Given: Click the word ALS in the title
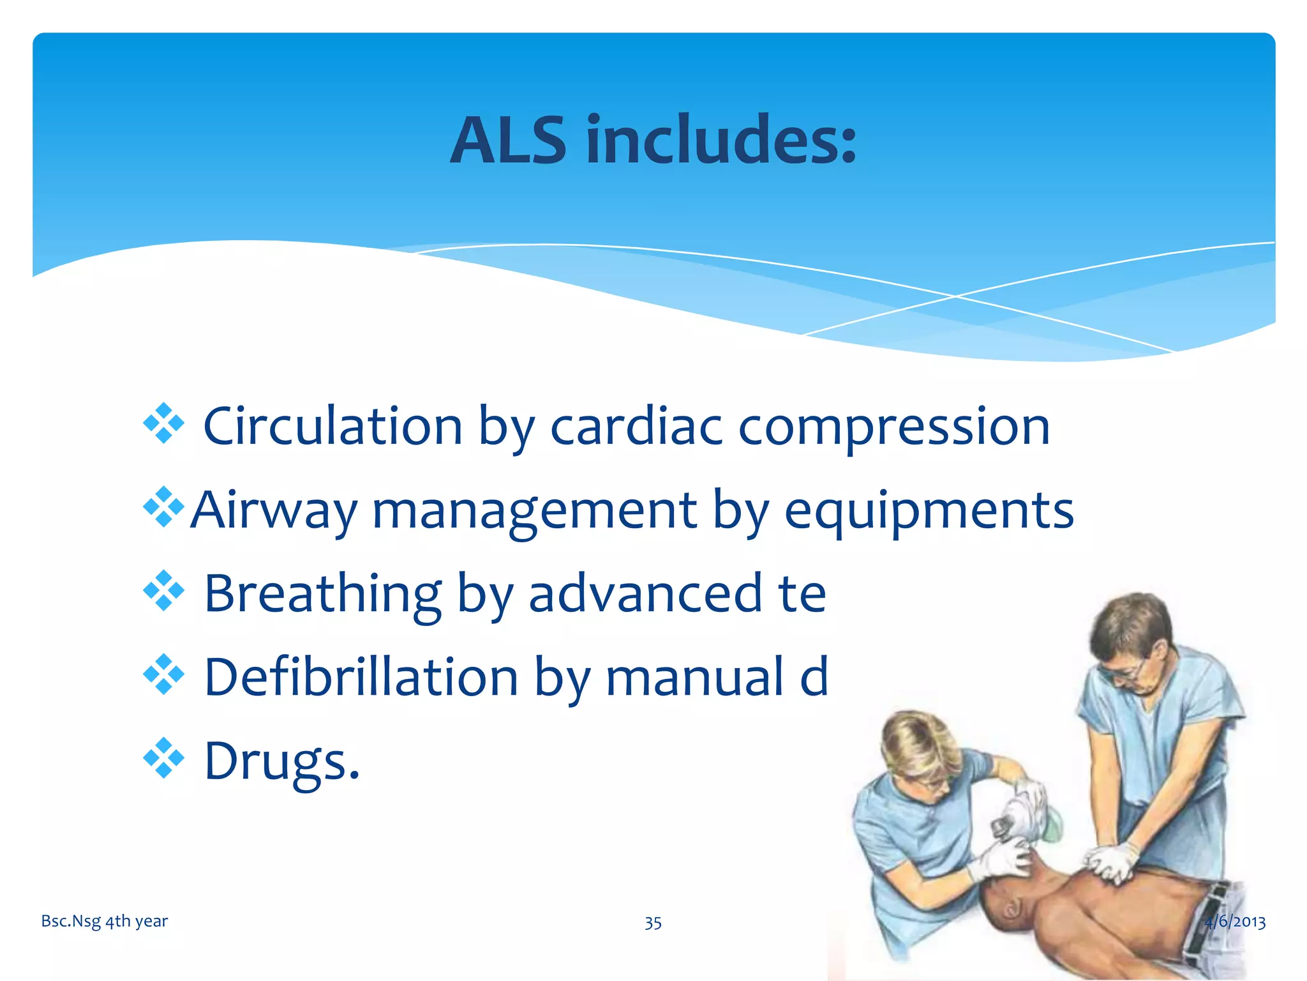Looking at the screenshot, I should click(x=507, y=141).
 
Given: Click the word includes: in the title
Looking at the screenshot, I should click(x=721, y=141).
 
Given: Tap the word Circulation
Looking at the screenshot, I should click(x=332, y=427).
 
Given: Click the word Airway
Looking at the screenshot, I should click(x=274, y=511).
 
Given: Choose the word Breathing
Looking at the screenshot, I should click(x=323, y=594).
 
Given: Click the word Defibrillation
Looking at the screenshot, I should click(x=361, y=677).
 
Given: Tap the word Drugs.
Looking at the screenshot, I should click(x=281, y=761).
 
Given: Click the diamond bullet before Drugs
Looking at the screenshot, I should click(x=164, y=758).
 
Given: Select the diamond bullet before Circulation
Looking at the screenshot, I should click(x=164, y=423).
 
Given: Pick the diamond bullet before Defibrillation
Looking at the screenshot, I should click(x=164, y=674).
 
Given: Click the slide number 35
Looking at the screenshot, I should click(x=653, y=923).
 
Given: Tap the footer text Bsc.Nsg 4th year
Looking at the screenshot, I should click(x=104, y=921).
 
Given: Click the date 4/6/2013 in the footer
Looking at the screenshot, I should click(x=1235, y=922).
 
